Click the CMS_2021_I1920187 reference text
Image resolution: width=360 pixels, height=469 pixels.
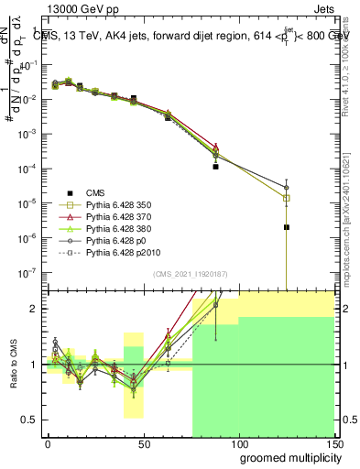(x=190, y=273)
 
